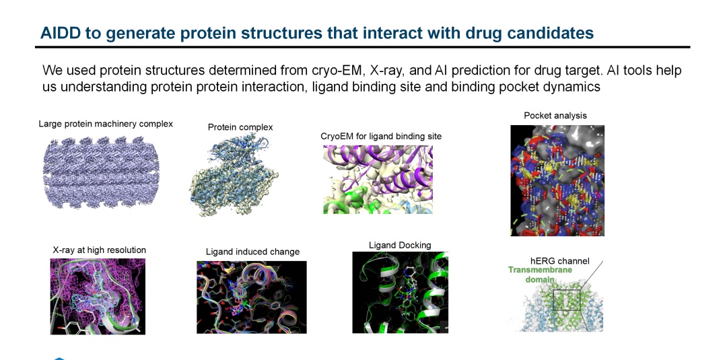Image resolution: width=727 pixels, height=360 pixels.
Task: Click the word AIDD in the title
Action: pos(57,34)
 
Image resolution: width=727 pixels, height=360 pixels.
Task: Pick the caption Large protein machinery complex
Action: pos(106,124)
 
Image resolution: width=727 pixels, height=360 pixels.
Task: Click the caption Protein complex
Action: pos(240,127)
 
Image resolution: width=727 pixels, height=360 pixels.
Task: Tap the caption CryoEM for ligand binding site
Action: pos(381,137)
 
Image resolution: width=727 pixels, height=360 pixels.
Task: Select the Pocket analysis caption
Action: pos(555,115)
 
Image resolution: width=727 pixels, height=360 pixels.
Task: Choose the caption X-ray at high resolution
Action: pos(99,250)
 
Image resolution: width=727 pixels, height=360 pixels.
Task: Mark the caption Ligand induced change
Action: pos(252,252)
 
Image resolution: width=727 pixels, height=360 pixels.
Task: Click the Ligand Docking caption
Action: pos(400,245)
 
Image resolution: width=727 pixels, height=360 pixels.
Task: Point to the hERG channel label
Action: pos(560,261)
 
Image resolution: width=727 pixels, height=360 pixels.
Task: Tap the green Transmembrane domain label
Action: pos(540,275)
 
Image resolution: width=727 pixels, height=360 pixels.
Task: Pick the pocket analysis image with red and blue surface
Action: pos(557,181)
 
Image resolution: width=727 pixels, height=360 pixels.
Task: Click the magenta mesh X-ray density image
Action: pos(98,297)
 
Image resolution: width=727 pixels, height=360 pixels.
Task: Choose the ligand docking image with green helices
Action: pos(400,292)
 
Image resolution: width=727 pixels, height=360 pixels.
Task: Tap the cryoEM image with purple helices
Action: pos(378,179)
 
